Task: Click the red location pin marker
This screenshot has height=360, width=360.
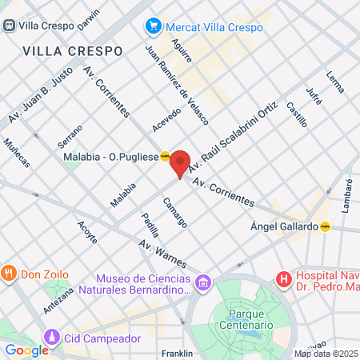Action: click(x=180, y=162)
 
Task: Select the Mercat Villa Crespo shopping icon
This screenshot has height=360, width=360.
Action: click(x=152, y=27)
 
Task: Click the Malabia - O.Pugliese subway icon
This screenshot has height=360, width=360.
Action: click(x=165, y=157)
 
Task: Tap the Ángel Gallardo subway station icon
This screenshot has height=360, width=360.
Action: click(x=326, y=226)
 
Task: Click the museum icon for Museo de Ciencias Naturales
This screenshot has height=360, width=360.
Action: click(x=203, y=282)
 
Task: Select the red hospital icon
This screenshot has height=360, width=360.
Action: click(x=282, y=279)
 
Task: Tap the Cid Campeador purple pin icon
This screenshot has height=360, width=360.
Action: click(x=53, y=337)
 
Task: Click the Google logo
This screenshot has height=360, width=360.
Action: click(x=26, y=350)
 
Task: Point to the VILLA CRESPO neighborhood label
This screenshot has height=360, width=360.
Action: click(x=73, y=51)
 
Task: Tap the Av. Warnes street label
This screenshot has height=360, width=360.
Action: click(x=162, y=254)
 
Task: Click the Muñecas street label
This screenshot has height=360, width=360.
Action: click(x=17, y=152)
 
